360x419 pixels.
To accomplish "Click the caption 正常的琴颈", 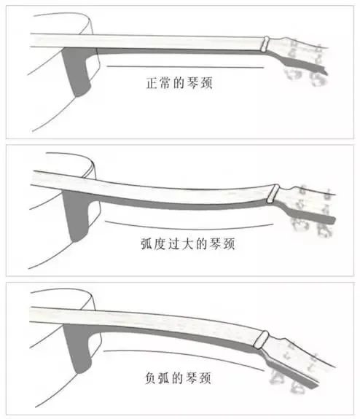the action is [x=179, y=83].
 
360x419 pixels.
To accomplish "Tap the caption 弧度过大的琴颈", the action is [x=188, y=243].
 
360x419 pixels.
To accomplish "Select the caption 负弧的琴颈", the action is [x=178, y=378].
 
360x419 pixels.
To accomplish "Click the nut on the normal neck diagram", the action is [x=266, y=44].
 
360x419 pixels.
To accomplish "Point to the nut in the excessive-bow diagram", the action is [x=273, y=194].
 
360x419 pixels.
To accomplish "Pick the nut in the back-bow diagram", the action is [x=261, y=340].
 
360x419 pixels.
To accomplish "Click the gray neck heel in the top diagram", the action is [x=77, y=71].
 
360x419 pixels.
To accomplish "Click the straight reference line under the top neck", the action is [x=185, y=66].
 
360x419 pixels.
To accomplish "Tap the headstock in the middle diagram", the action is [x=306, y=205].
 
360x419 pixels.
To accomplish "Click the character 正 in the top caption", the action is [x=152, y=83].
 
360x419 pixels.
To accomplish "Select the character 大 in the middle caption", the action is [x=188, y=243].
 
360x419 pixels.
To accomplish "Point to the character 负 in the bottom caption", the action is [x=150, y=378].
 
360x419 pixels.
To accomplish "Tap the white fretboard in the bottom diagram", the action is [x=144, y=318].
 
